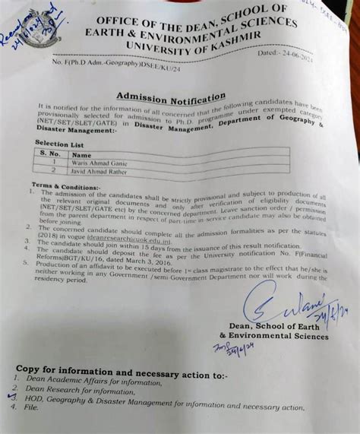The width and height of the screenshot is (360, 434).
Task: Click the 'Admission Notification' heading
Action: [x=171, y=98]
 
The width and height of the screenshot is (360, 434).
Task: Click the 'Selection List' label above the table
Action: [x=57, y=142]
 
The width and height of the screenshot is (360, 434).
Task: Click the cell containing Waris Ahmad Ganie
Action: [x=99, y=163]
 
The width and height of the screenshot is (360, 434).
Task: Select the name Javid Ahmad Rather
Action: [x=99, y=172]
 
